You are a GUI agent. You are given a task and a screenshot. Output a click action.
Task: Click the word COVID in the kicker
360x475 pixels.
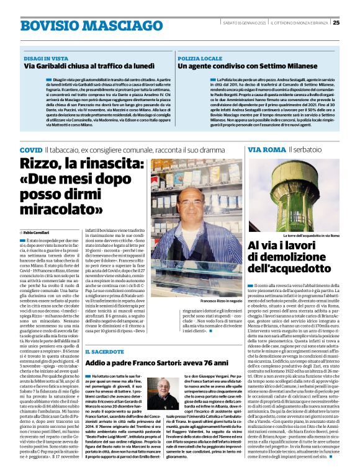pos(31,151)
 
